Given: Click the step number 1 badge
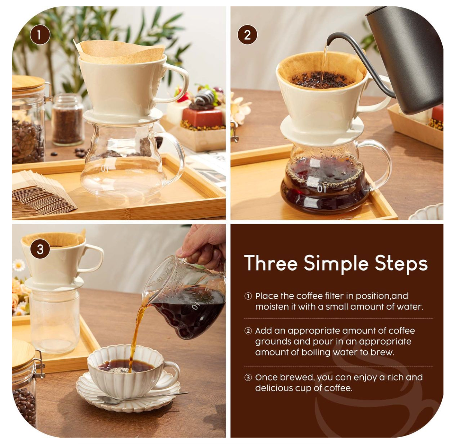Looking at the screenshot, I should [40, 35].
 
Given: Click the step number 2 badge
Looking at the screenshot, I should [247, 35].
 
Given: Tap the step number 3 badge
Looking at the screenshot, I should [40, 249].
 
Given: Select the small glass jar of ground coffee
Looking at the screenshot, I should [68, 119].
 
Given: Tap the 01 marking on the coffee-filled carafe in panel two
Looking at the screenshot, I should [321, 189].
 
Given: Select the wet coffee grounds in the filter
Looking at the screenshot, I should [321, 78].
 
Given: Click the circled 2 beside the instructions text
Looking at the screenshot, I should [248, 331].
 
